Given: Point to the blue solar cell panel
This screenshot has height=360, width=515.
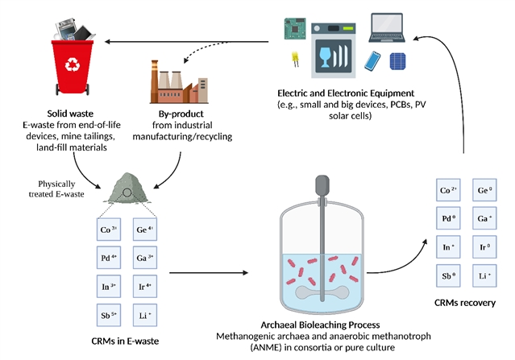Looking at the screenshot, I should tap(398, 62).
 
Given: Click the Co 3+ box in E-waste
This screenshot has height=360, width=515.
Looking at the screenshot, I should tap(110, 230).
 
